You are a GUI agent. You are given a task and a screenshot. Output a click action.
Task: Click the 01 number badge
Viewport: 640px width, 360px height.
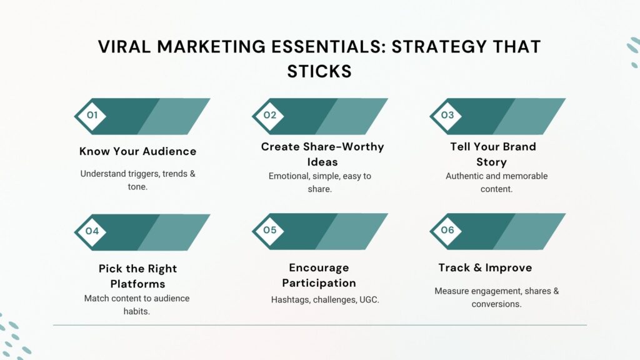pyautogui.click(x=92, y=116)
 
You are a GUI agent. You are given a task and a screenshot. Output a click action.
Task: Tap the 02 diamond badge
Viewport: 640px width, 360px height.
pyautogui.click(x=270, y=116)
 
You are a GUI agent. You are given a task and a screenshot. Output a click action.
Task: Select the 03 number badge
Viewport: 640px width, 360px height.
pyautogui.click(x=447, y=116)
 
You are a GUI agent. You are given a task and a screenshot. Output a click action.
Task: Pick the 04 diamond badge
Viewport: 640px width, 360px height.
pyautogui.click(x=92, y=231)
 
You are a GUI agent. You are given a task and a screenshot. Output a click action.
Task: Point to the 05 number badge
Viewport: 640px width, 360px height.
pyautogui.click(x=270, y=231)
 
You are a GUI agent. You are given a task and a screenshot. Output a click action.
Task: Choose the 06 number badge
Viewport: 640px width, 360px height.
pyautogui.click(x=447, y=231)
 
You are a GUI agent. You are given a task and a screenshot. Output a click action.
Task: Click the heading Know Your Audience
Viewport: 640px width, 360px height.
pyautogui.click(x=137, y=151)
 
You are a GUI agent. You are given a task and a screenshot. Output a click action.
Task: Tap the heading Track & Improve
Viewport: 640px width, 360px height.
pyautogui.click(x=485, y=267)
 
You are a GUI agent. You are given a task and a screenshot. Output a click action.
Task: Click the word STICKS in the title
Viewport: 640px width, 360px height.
pyautogui.click(x=319, y=71)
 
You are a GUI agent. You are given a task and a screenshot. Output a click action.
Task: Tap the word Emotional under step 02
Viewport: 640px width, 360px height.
pyautogui.click(x=289, y=176)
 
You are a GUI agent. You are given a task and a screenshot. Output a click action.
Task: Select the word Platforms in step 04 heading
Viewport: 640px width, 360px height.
pyautogui.click(x=137, y=284)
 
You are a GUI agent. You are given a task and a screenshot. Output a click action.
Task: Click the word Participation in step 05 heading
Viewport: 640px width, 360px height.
pyautogui.click(x=319, y=283)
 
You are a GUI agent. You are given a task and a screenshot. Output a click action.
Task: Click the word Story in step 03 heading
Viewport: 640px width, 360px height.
pyautogui.click(x=493, y=162)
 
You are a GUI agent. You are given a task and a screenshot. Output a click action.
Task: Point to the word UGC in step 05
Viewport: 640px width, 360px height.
pyautogui.click(x=368, y=300)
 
